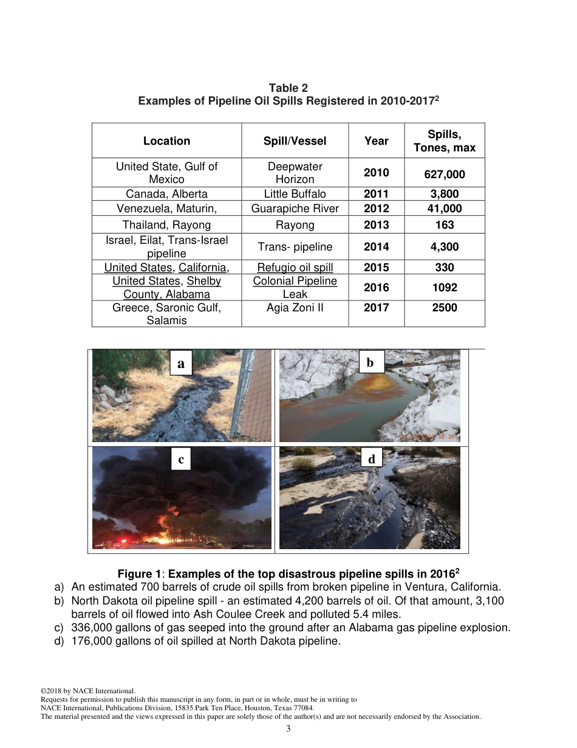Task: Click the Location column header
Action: [x=166, y=141]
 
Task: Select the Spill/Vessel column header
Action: [x=295, y=141]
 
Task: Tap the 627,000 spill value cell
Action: [x=445, y=175]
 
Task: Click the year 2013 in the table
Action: [x=376, y=225]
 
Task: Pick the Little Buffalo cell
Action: [x=295, y=194]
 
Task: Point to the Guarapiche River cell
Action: [x=295, y=209]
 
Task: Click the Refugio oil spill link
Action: [x=295, y=268]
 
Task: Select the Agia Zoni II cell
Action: [x=295, y=308]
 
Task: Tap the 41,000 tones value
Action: [x=445, y=209]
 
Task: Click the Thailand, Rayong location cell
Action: [x=166, y=225]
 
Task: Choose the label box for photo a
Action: [x=181, y=364]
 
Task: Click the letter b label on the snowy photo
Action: [x=370, y=363]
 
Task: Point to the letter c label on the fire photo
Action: [x=181, y=460]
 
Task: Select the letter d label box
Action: [x=372, y=459]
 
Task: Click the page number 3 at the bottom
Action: [x=288, y=729]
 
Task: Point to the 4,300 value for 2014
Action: [x=445, y=247]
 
